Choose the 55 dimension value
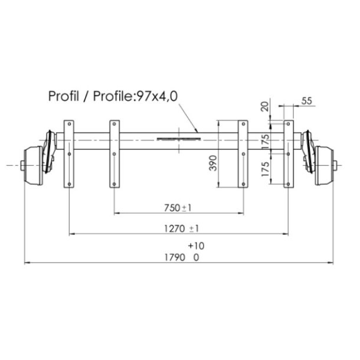click(x=306, y=101)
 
